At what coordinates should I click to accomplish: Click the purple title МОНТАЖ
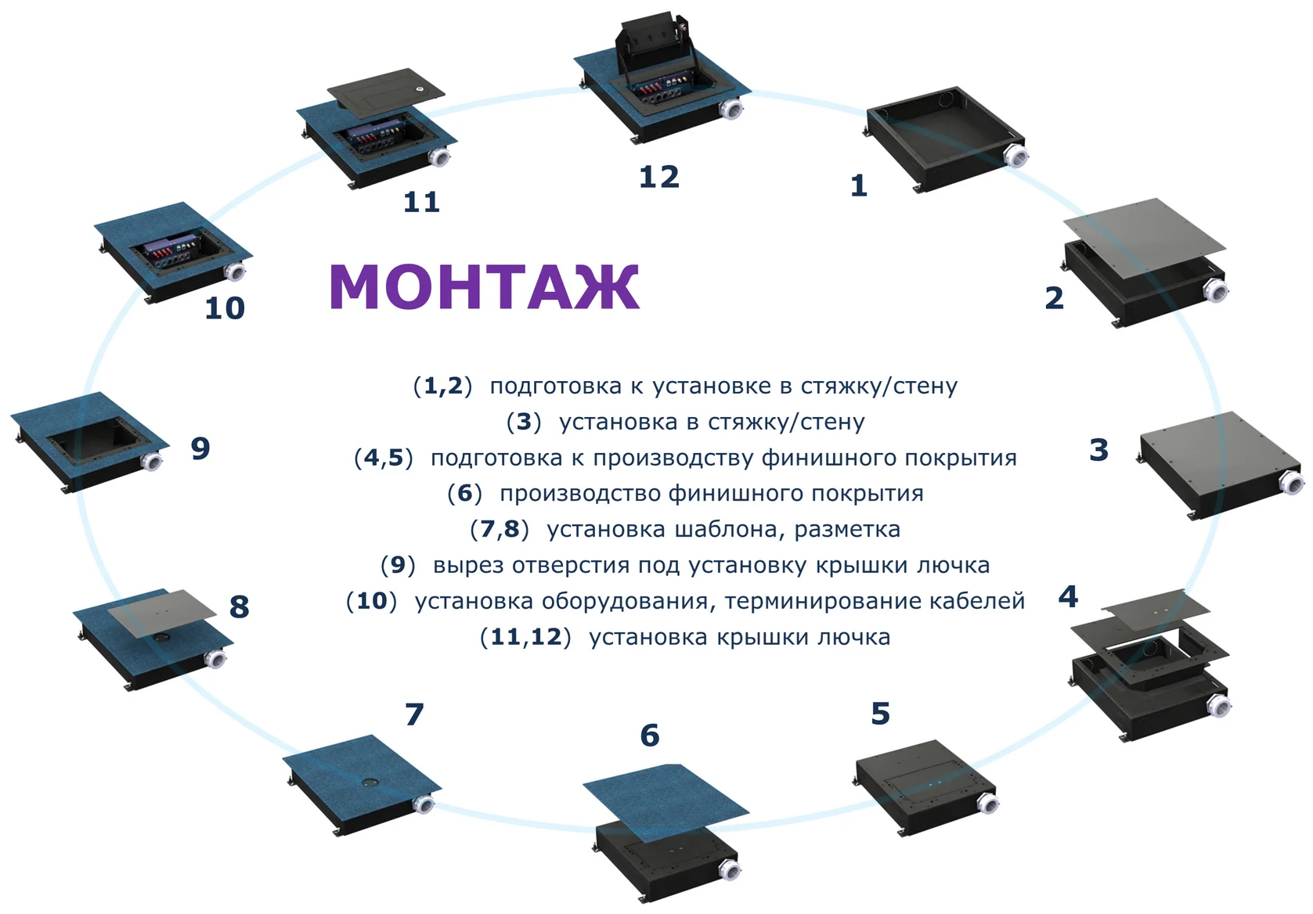click(484, 286)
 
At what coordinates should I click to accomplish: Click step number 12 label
click(658, 177)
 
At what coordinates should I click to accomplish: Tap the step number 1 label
click(859, 185)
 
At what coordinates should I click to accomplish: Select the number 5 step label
click(880, 714)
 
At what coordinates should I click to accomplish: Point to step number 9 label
click(200, 448)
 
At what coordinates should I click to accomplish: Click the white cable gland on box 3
click(1291, 482)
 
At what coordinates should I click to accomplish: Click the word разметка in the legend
click(847, 530)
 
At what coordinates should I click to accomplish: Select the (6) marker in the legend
click(464, 493)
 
